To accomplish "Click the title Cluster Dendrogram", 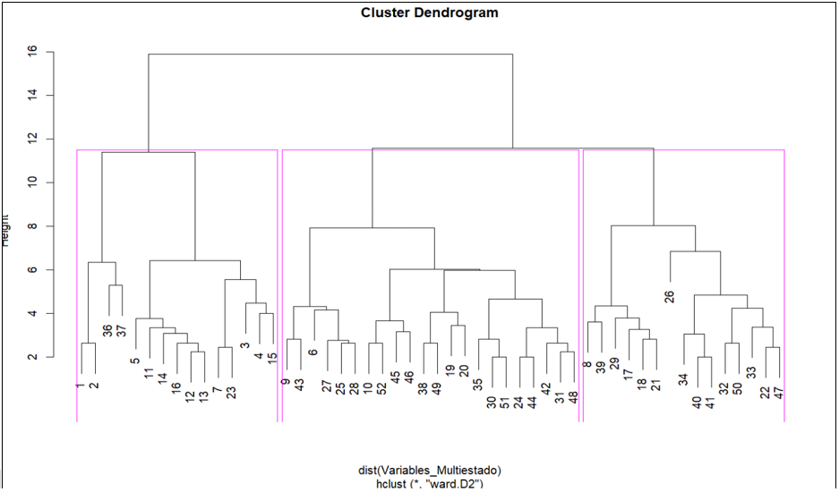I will tap(429, 13).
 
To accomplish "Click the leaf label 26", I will tap(670, 296).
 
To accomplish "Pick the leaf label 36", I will tap(107, 330).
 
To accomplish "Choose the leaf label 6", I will tap(313, 352).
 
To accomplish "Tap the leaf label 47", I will tap(780, 392).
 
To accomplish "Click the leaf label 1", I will tap(81, 386).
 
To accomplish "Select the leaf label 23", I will tap(232, 392).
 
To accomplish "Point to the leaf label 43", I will tap(300, 384).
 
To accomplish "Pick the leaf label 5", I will tap(135, 361).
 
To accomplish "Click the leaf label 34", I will tap(682, 379).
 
